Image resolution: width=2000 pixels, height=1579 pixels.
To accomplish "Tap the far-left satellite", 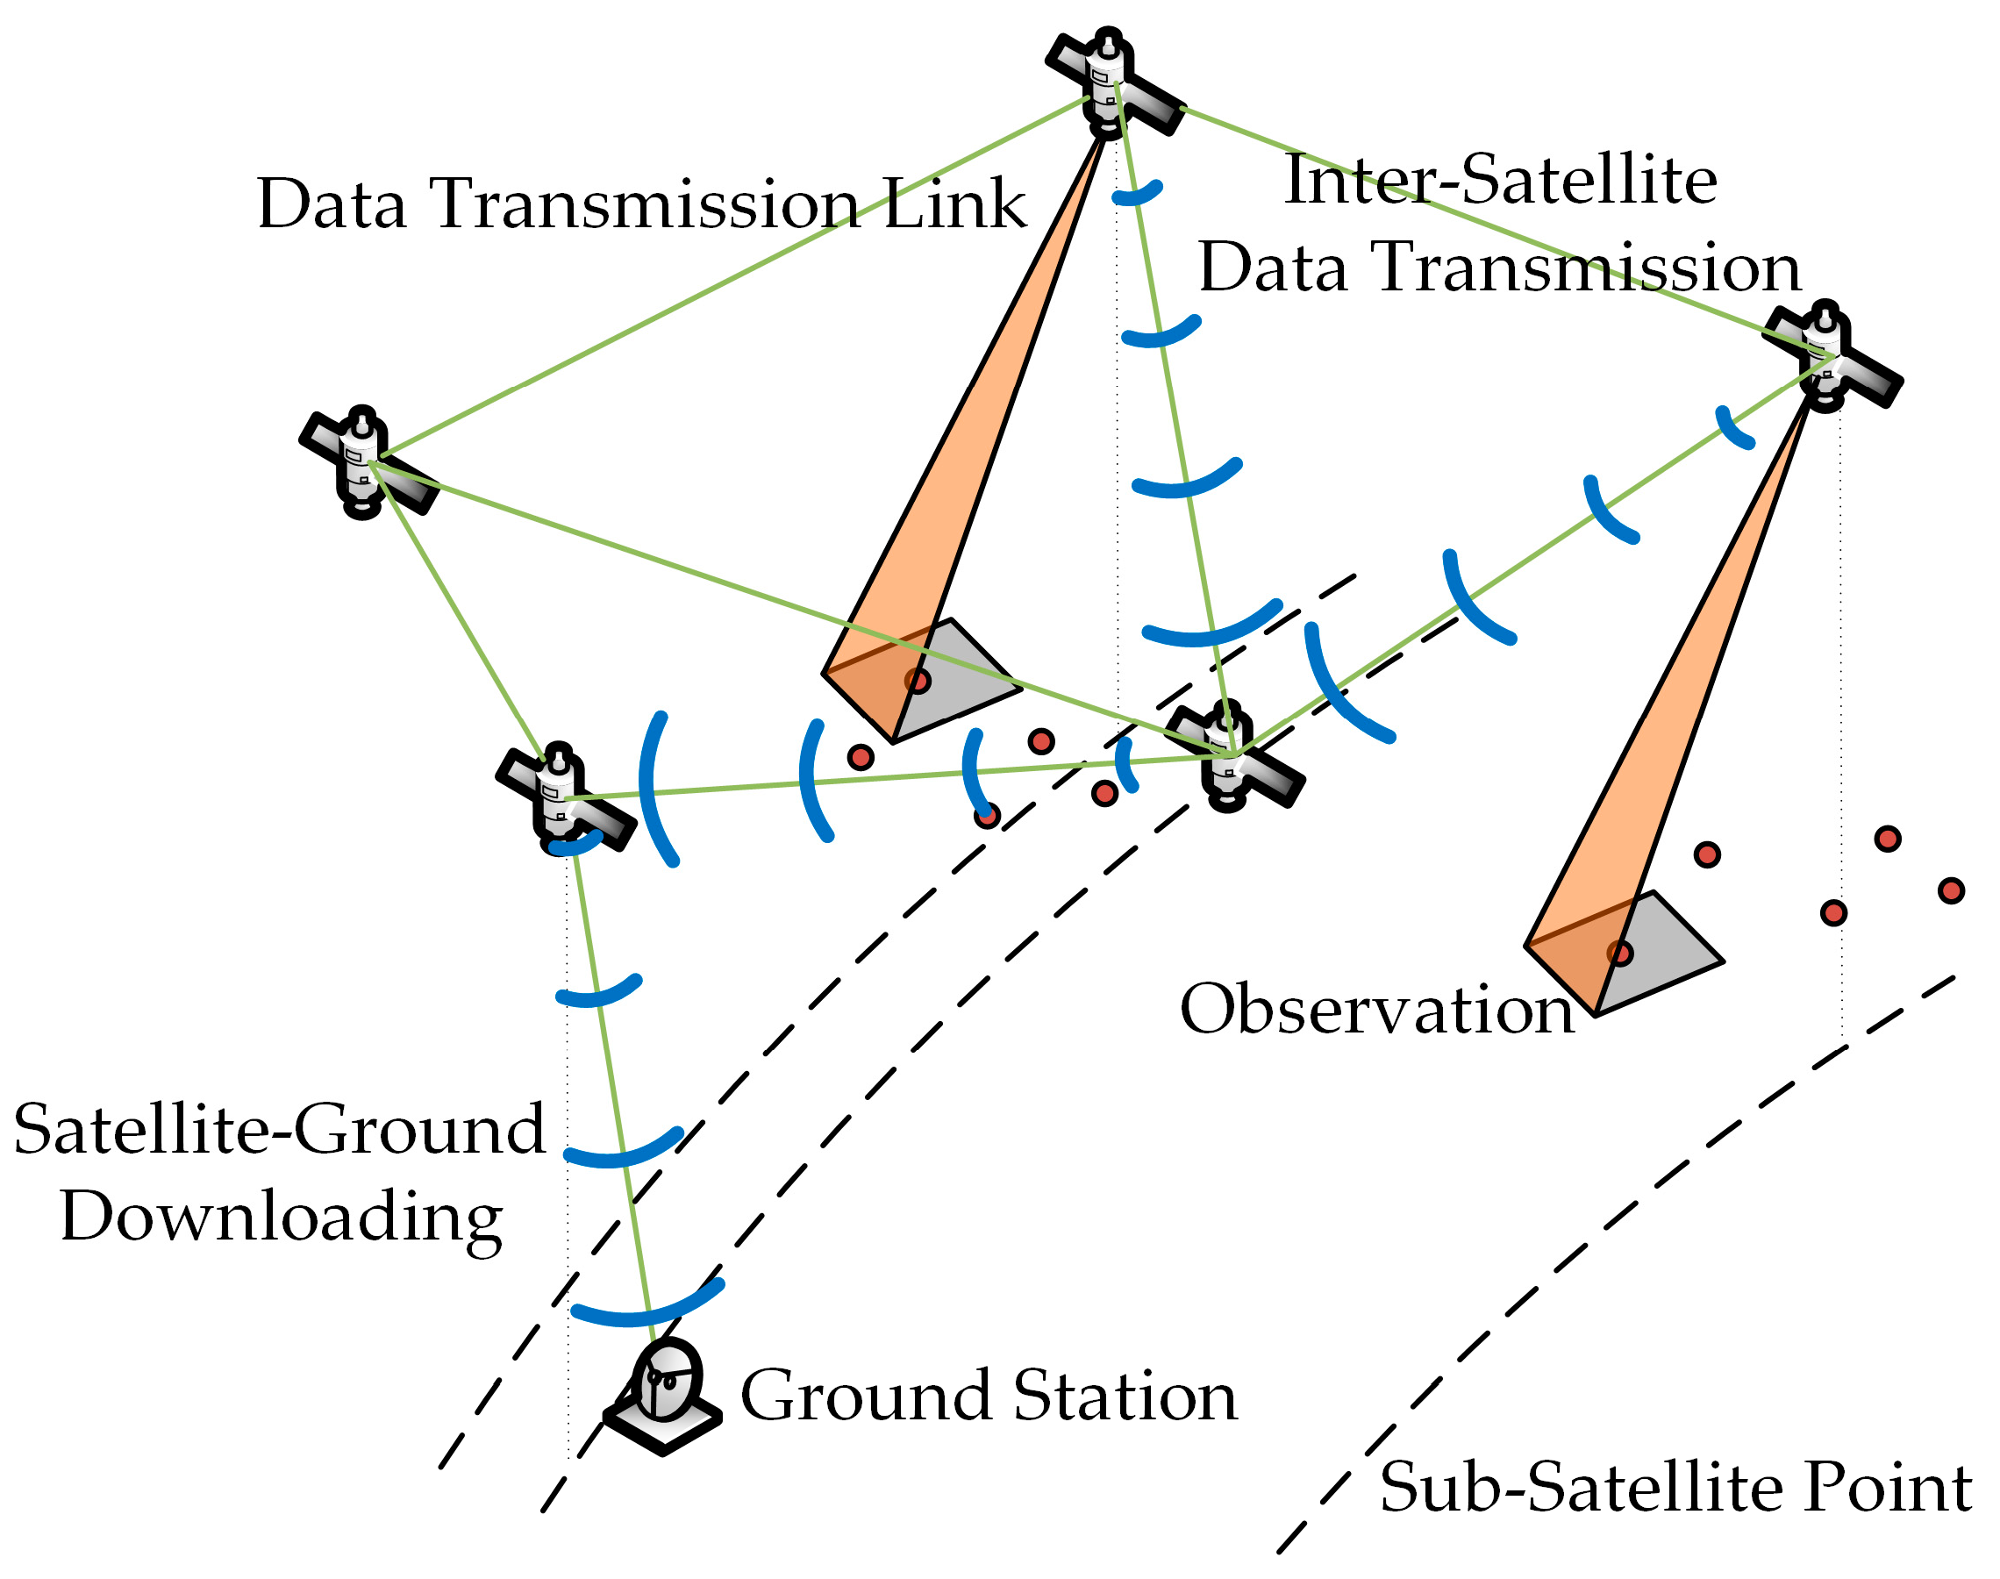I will [366, 463].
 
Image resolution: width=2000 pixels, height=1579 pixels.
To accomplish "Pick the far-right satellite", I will [1829, 357].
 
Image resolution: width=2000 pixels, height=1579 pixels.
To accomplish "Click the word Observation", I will [1377, 1010].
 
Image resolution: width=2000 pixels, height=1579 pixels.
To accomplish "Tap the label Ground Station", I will [989, 1396].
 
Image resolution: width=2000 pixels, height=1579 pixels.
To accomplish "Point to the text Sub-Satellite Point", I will [1675, 1488].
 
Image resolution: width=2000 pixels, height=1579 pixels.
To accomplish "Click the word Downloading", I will [282, 1218].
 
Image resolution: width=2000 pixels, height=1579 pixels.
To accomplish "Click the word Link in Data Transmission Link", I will [954, 204].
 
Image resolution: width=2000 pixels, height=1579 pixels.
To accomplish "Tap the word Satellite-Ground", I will [279, 1130].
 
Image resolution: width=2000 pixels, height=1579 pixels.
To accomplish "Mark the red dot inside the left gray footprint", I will [918, 682].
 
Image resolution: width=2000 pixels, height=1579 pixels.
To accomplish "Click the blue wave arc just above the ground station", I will [647, 1309].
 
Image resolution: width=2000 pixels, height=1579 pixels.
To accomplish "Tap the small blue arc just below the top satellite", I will [1137, 194].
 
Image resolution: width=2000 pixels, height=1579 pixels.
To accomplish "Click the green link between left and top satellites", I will [730, 277].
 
